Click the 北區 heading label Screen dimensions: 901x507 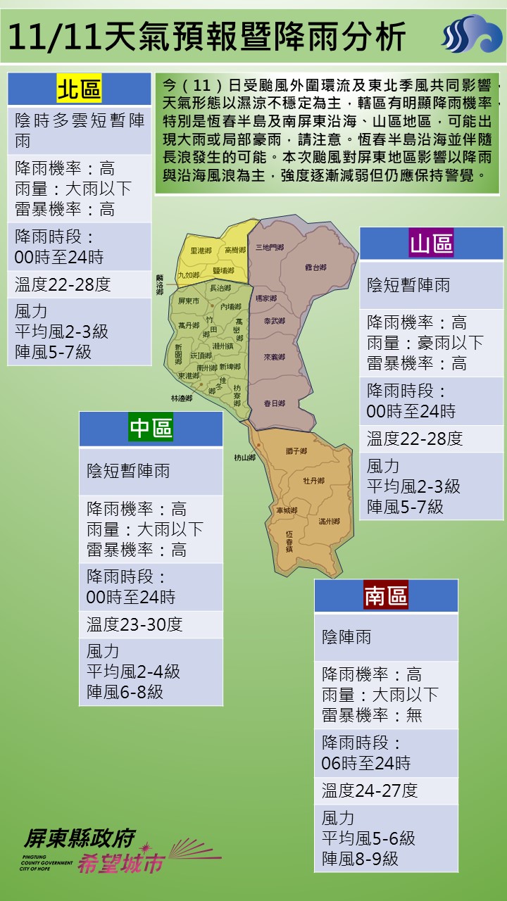point(79,89)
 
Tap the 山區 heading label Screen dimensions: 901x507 point(431,244)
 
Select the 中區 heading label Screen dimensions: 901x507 point(151,428)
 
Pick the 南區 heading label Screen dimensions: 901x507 point(386,596)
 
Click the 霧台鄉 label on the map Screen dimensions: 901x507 point(316,267)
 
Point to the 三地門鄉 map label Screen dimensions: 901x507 point(270,248)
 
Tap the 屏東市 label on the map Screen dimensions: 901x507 point(189,301)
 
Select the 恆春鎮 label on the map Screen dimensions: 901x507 point(289,540)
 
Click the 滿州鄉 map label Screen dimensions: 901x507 point(329,522)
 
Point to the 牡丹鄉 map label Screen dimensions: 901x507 point(313,481)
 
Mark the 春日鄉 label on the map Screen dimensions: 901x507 point(274,403)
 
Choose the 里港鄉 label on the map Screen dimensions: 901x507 point(201,251)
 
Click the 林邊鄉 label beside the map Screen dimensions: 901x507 point(182,398)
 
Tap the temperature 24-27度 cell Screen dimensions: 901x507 point(370,790)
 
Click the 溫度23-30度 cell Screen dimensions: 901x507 point(134,624)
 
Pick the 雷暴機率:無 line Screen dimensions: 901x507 point(372,715)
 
